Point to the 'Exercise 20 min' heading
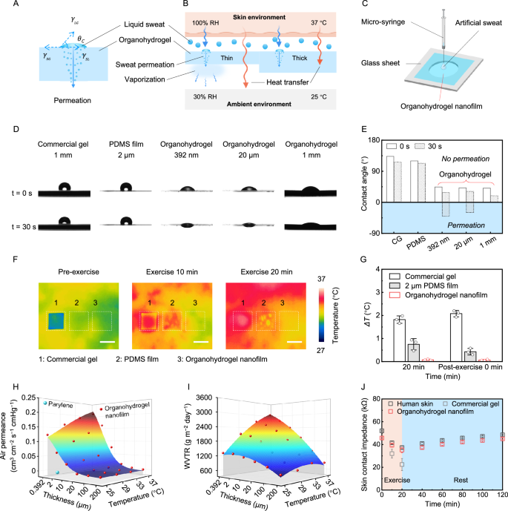[253, 273]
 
